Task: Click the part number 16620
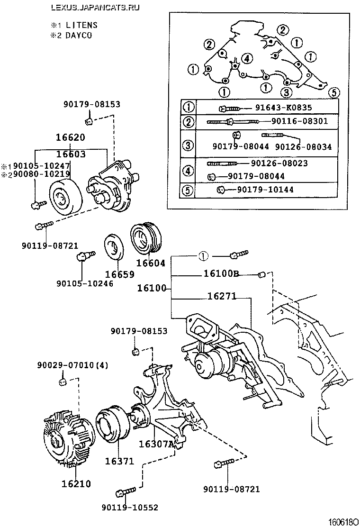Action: pyautogui.click(x=71, y=138)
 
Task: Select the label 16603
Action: pyautogui.click(x=71, y=154)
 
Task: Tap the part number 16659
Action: pyautogui.click(x=119, y=274)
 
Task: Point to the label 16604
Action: pyautogui.click(x=151, y=263)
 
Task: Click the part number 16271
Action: pyautogui.click(x=221, y=296)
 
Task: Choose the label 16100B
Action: pyautogui.click(x=221, y=273)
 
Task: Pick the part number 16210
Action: pyautogui.click(x=76, y=484)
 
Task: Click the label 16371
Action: pyautogui.click(x=119, y=461)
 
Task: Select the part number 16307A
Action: pyautogui.click(x=156, y=444)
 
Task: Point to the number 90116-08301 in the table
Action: pyautogui.click(x=299, y=121)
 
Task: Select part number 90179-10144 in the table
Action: pyautogui.click(x=265, y=190)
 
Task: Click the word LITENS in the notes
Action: pyautogui.click(x=80, y=25)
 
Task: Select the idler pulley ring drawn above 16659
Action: pyautogui.click(x=114, y=247)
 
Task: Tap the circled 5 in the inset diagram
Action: pyautogui.click(x=333, y=92)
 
